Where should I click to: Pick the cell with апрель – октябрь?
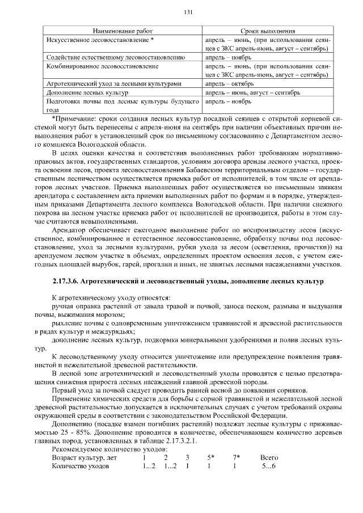(x=229, y=83)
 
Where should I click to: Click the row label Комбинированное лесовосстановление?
(x=102, y=66)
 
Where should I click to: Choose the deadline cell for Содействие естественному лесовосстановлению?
(x=229, y=57)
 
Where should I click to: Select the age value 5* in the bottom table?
(x=210, y=457)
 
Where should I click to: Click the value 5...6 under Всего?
(x=268, y=467)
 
